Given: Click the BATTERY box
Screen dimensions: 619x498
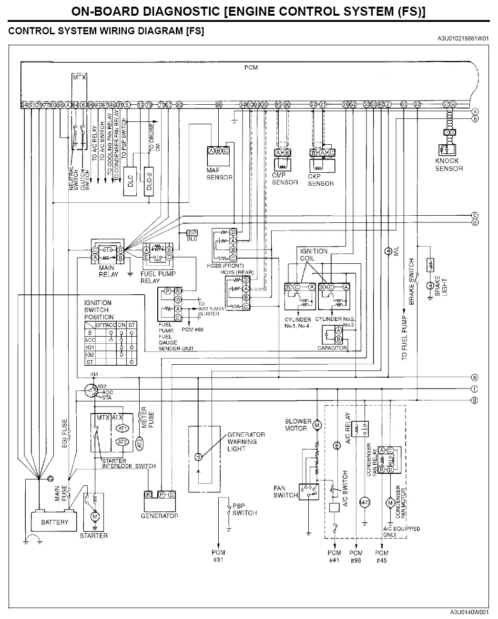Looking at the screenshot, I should (x=54, y=521).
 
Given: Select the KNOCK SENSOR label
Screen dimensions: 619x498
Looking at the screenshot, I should (x=448, y=165).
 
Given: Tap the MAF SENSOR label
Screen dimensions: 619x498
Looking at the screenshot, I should (x=219, y=174).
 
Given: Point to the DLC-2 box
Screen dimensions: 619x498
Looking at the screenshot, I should (x=149, y=181).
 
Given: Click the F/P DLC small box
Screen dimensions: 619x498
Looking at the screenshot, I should (x=192, y=236).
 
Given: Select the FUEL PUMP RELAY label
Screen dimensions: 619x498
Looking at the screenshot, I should (x=158, y=277).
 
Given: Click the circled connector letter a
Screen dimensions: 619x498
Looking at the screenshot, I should (x=475, y=111).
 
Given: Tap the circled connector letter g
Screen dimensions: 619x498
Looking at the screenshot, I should (x=475, y=400).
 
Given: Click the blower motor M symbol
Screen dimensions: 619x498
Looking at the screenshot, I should (x=317, y=425).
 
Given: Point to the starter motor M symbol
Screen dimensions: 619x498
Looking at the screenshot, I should (x=94, y=516).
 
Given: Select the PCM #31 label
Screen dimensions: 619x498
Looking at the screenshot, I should (x=219, y=556).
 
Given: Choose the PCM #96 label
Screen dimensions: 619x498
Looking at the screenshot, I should (x=356, y=556).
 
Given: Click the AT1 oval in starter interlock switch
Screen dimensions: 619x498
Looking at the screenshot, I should (x=122, y=428).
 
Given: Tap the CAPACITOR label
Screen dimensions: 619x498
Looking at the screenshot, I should (x=332, y=348).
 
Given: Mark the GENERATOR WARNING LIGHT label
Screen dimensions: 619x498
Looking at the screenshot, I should (x=245, y=441).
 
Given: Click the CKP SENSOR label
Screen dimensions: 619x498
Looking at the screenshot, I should (x=321, y=180).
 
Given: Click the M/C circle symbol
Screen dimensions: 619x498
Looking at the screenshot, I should (x=365, y=502).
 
